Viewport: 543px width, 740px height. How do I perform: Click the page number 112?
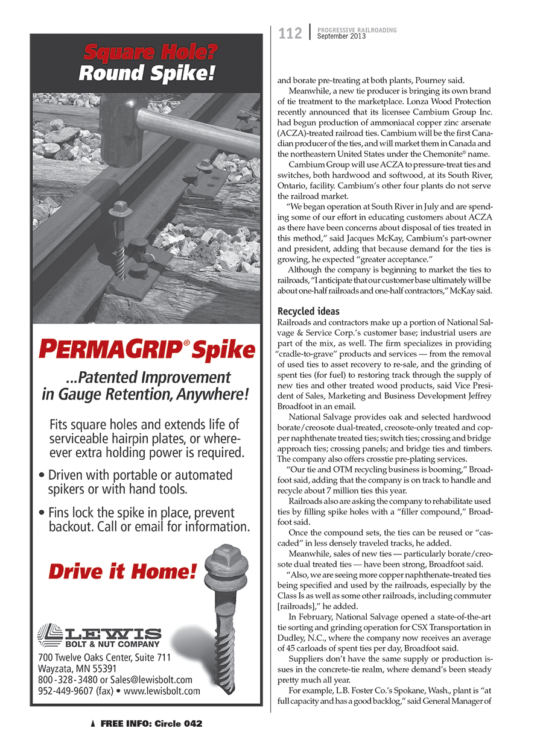[290, 34]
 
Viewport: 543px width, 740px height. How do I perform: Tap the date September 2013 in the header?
[342, 37]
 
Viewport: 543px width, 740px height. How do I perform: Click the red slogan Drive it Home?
[122, 570]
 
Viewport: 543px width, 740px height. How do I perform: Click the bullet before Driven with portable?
[40, 475]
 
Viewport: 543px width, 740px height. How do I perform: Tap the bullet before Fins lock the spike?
[40, 513]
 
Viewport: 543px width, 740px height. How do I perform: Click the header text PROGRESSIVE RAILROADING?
[357, 30]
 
